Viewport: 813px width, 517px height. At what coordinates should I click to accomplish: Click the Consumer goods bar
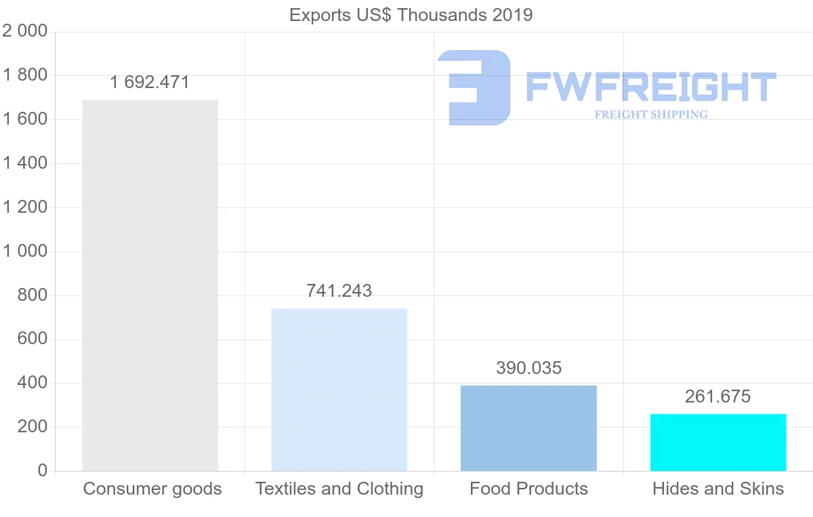[x=150, y=285]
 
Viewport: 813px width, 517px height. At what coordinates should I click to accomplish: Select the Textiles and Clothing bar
[x=339, y=390]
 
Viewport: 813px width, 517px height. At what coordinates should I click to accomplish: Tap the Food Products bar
[x=528, y=428]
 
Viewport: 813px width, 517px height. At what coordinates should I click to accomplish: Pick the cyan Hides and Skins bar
[x=718, y=442]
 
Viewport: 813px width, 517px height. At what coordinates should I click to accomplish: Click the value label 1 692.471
[x=150, y=83]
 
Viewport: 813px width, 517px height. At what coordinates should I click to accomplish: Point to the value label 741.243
[x=339, y=291]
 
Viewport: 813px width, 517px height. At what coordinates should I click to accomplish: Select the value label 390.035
[x=528, y=368]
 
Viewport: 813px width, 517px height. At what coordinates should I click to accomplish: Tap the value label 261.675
[x=718, y=396]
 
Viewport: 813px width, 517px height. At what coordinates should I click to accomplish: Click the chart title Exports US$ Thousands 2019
[x=411, y=15]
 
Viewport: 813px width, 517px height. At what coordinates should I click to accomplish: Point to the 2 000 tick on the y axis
[x=25, y=31]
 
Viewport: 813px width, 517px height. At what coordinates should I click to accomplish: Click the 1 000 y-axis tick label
[x=25, y=251]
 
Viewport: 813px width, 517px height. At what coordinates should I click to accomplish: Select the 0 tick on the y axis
[x=43, y=471]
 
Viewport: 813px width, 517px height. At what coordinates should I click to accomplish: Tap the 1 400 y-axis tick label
[x=25, y=163]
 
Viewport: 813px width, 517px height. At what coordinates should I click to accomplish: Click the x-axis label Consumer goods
[x=152, y=489]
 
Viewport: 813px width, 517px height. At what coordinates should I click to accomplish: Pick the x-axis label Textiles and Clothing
[x=339, y=489]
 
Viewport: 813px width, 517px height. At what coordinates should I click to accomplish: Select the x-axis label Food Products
[x=528, y=489]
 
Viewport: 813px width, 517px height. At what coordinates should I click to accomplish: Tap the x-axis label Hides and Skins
[x=718, y=489]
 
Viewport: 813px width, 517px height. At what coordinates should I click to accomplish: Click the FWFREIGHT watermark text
[x=650, y=87]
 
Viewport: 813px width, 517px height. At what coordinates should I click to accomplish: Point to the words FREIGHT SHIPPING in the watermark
[x=651, y=115]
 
